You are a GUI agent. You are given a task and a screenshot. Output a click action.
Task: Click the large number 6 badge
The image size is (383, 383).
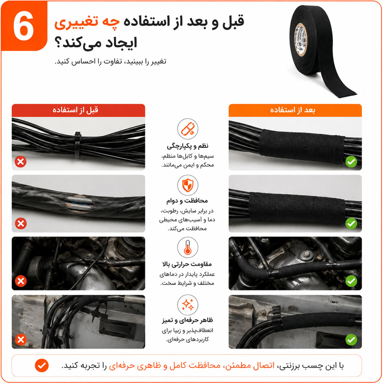pos(24,26)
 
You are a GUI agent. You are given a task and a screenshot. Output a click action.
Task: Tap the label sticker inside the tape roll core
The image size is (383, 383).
pos(301,39)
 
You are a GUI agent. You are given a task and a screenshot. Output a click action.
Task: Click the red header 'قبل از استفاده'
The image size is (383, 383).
pos(79,110)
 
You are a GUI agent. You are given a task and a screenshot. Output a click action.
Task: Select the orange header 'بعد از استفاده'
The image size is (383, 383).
pos(295,110)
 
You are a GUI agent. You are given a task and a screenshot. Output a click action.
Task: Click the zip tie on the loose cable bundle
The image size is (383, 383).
pos(78,144)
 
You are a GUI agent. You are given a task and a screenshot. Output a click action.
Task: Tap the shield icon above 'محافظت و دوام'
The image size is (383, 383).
pos(188,185)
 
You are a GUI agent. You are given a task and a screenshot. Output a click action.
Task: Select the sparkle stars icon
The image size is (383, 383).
pos(188,305)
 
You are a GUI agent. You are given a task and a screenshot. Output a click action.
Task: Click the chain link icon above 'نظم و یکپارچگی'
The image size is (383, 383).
pos(188,129)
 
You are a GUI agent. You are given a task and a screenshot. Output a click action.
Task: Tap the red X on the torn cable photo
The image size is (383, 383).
pos(21,223)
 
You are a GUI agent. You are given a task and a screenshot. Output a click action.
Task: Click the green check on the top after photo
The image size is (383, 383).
pos(351,162)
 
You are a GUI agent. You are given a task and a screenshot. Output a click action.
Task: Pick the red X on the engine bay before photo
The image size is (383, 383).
pos(21,281)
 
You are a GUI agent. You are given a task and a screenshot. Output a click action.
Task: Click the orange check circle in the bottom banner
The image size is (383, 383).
pos(42,366)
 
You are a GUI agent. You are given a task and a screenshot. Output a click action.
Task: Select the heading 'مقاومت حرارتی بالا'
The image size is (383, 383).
pos(187,264)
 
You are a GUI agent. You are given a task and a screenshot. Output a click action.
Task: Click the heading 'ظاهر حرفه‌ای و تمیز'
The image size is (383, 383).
pos(187,320)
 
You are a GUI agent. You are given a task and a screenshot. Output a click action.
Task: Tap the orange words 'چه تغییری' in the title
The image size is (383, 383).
pos(87,23)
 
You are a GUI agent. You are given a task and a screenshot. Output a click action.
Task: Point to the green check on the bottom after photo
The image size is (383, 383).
pos(351,339)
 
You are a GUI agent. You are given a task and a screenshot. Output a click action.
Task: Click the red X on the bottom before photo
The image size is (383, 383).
pos(21,339)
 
